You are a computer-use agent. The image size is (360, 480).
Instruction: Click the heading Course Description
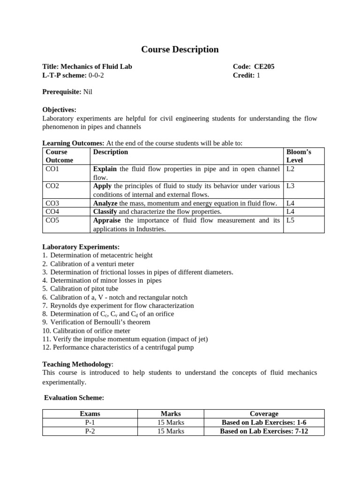tap(180, 49)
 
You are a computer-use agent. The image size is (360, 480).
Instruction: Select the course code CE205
tap(264, 67)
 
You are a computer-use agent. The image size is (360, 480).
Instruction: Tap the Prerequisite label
tap(62, 92)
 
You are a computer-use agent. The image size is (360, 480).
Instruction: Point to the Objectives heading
tap(59, 110)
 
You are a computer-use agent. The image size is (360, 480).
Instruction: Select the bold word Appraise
tap(108, 220)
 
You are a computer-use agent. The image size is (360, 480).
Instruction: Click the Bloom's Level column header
tap(299, 156)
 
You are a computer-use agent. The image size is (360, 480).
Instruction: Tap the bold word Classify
tap(105, 211)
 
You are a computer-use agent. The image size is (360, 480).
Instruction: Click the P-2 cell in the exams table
tap(90, 431)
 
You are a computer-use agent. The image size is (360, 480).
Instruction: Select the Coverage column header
tap(264, 413)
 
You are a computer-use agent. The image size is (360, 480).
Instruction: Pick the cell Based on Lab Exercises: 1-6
tap(264, 422)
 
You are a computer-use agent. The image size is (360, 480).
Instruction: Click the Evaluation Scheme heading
tap(74, 397)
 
